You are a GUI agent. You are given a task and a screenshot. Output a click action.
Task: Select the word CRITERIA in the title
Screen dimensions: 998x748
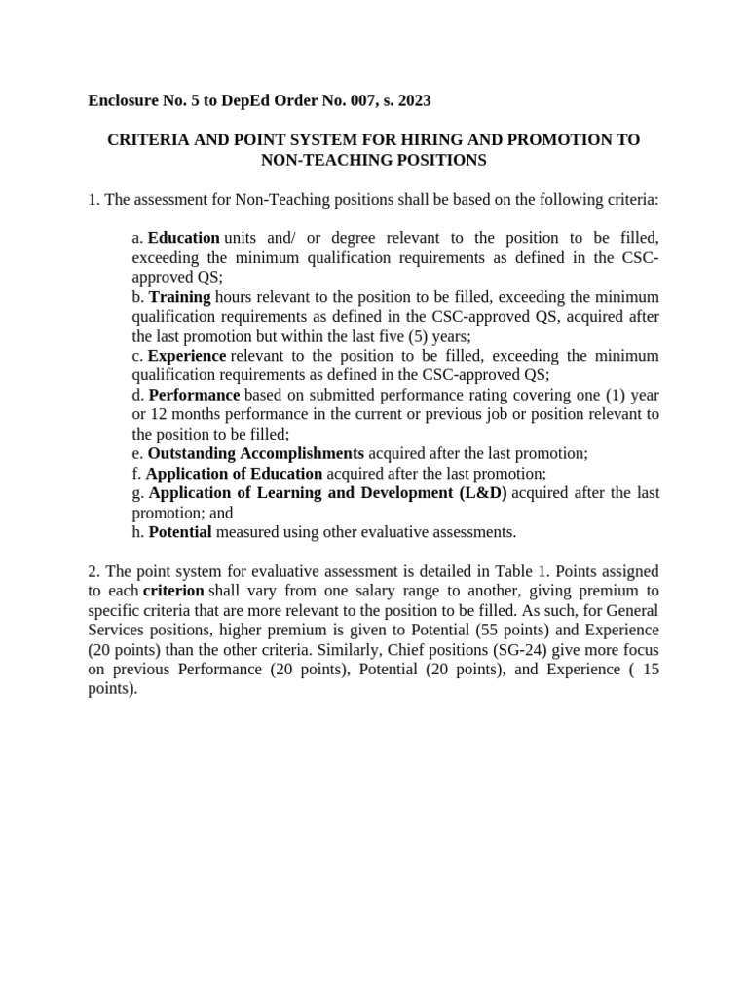[146, 140]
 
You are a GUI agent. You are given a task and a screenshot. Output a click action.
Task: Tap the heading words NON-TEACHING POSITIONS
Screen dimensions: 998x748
[374, 160]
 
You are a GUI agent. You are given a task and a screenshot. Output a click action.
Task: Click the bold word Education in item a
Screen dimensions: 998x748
[183, 238]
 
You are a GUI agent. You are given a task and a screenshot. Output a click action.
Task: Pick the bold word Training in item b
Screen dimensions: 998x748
[180, 296]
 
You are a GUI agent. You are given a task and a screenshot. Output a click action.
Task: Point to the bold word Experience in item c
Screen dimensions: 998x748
[187, 356]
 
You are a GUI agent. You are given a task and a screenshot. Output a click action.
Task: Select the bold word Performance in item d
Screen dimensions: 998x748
[194, 395]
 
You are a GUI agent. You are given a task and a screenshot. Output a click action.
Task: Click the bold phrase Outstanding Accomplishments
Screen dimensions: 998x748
[256, 453]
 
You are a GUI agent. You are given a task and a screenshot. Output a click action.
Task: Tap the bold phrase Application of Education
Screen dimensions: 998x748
[234, 473]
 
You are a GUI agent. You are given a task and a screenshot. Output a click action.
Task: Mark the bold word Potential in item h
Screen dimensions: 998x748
[180, 532]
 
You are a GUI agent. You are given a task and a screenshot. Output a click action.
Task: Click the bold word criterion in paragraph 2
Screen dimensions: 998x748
[173, 591]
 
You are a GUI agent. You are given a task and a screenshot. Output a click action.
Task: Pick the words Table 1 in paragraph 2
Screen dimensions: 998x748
[521, 571]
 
